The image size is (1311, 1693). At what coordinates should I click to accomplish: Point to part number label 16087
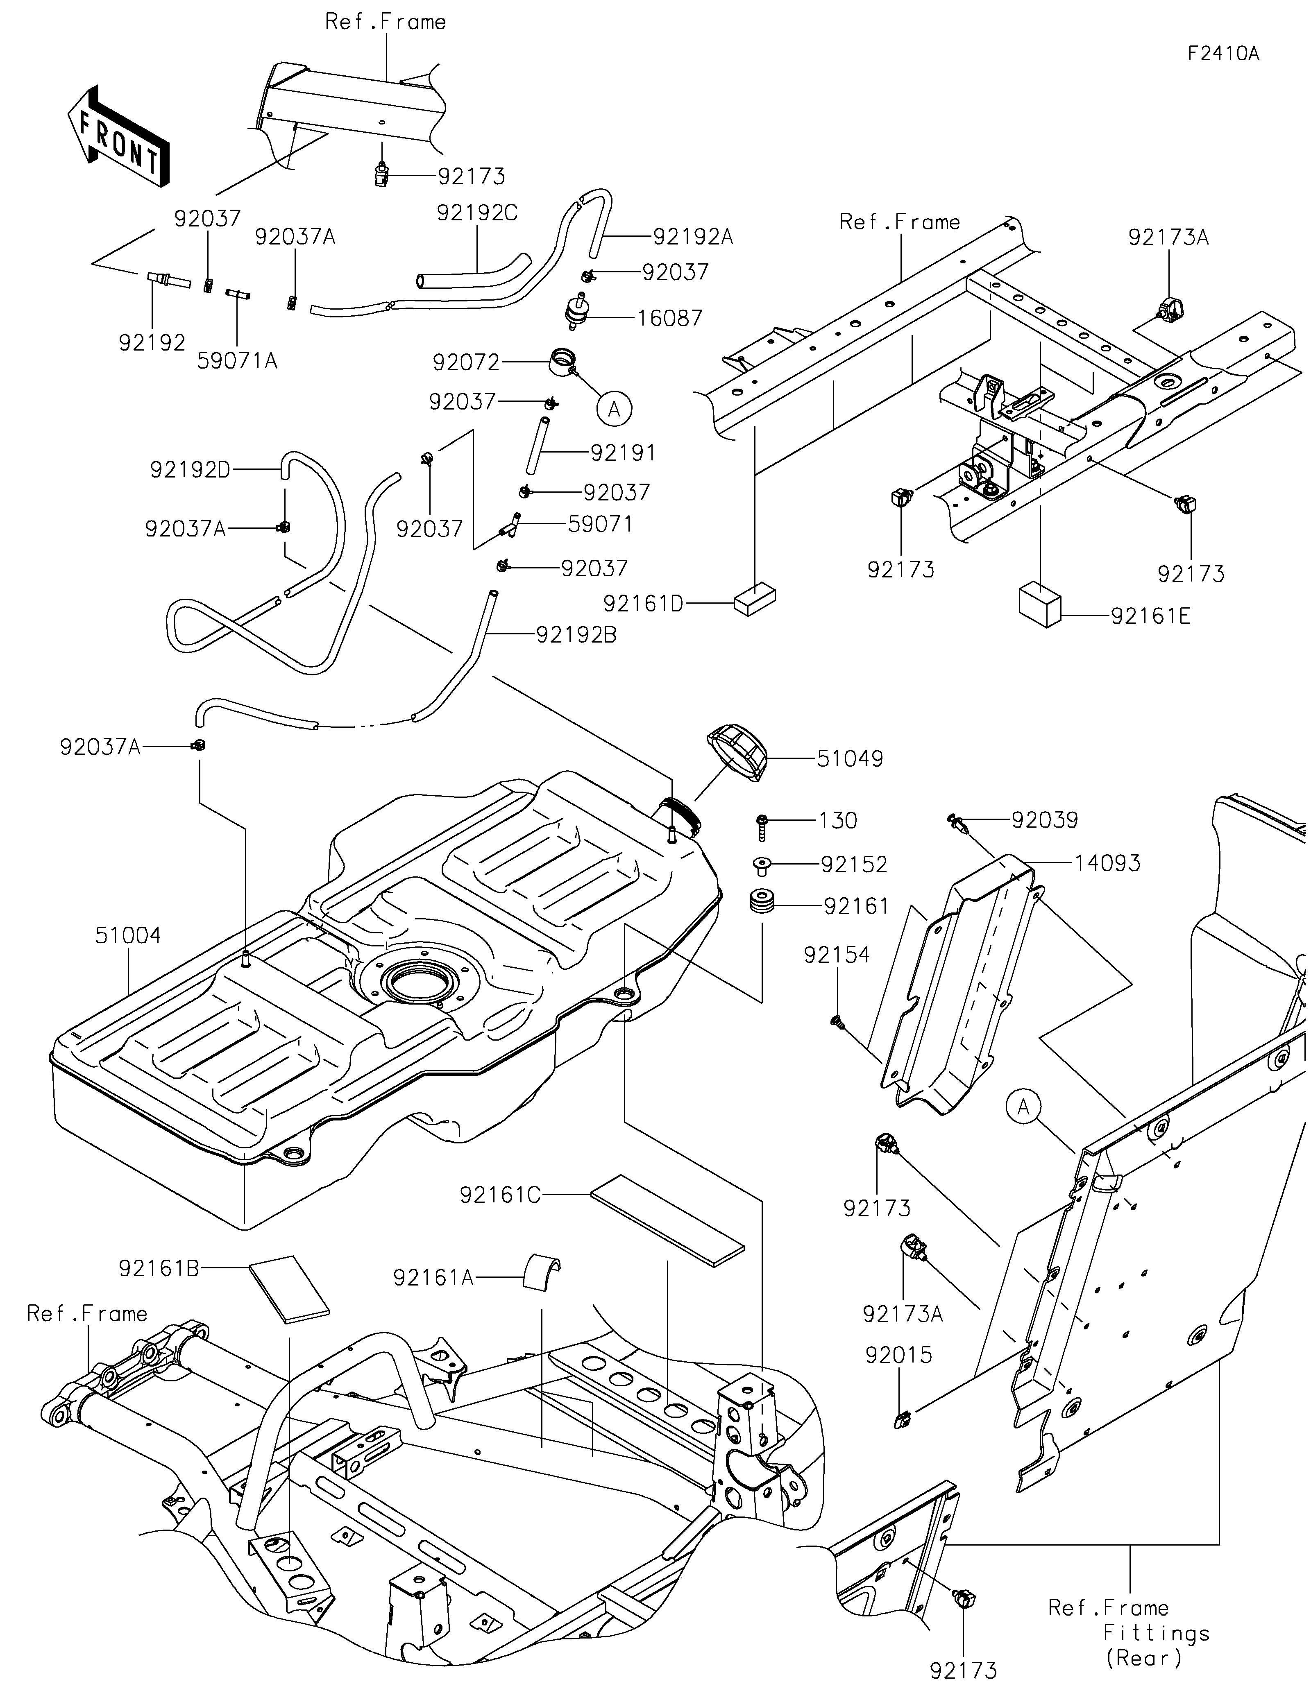click(x=670, y=318)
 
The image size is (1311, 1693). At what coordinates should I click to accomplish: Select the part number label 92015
click(x=899, y=1355)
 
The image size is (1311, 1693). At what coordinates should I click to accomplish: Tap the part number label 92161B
click(x=159, y=1268)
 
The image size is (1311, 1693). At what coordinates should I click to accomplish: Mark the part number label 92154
click(x=837, y=955)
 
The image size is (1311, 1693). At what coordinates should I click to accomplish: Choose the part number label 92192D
click(x=190, y=470)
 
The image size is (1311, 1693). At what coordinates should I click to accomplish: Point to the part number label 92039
click(x=1044, y=819)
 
